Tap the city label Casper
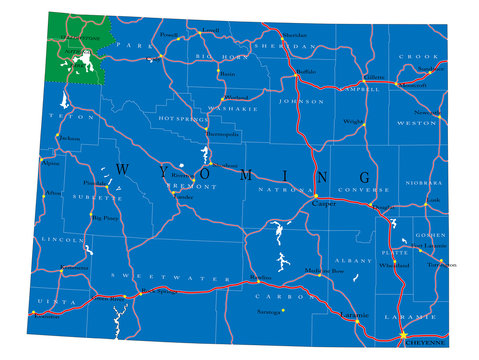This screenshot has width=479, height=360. tap(324, 203)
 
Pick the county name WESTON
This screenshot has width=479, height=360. tap(416, 123)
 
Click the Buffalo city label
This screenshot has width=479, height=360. tap(305, 72)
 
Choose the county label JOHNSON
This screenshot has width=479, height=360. tap(302, 101)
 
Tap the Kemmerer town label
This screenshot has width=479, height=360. tap(75, 268)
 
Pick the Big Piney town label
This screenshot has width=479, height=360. tap(105, 215)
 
